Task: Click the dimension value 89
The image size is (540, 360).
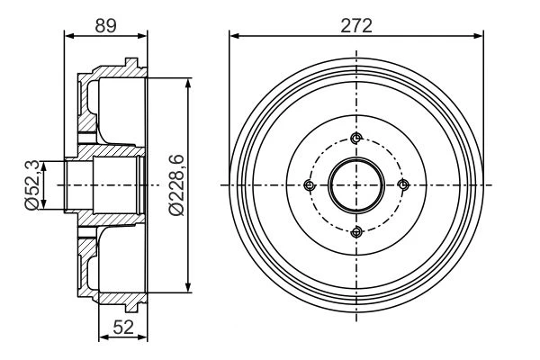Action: coord(105,25)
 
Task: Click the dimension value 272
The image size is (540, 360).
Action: coord(356,25)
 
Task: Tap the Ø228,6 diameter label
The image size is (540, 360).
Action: coord(176,185)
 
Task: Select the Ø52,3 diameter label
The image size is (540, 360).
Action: coord(33,185)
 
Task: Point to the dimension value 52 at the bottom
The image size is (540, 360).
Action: coord(123,327)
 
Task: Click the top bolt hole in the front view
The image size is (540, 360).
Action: coord(356,139)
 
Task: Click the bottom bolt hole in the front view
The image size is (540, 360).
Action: coord(356,232)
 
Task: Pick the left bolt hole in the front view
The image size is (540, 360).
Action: coord(310,185)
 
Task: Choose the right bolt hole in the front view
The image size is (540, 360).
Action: coord(403,185)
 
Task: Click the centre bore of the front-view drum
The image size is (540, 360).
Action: coord(356,185)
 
